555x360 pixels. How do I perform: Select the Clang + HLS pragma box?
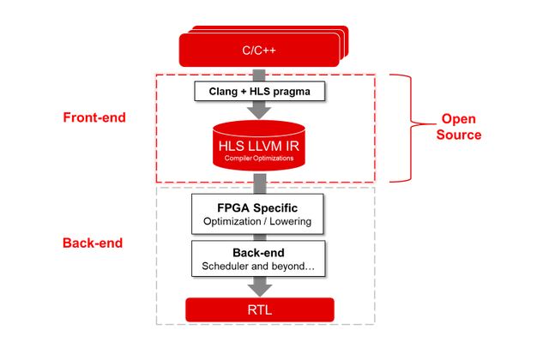258,90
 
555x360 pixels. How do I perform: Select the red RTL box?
259,309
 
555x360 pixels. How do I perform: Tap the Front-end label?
94,117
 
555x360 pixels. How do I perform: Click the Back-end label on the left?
94,243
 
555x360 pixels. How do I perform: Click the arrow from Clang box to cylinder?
259,111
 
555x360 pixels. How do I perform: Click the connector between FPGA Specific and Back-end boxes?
259,237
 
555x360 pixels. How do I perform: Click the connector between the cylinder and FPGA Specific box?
259,184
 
